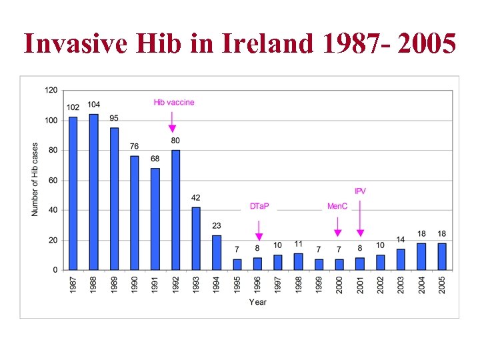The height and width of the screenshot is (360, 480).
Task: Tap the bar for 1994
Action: (217, 253)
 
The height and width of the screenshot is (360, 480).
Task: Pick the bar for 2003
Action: (401, 259)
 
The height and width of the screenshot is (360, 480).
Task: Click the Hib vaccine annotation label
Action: (174, 103)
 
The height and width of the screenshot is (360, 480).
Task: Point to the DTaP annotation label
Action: (259, 207)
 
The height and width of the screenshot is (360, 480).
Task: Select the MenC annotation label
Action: (337, 207)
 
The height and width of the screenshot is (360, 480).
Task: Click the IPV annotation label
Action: (360, 191)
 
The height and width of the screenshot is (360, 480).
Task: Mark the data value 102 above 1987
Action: (73, 107)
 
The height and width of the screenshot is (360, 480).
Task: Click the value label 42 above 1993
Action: (196, 197)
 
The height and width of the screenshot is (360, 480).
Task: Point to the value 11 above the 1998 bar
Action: (299, 244)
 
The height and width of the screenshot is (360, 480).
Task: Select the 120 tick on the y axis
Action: (51, 90)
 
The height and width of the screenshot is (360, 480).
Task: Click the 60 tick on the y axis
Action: (53, 180)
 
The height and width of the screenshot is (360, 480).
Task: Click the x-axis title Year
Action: (257, 302)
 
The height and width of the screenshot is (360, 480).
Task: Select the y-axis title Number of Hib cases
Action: (35, 180)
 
